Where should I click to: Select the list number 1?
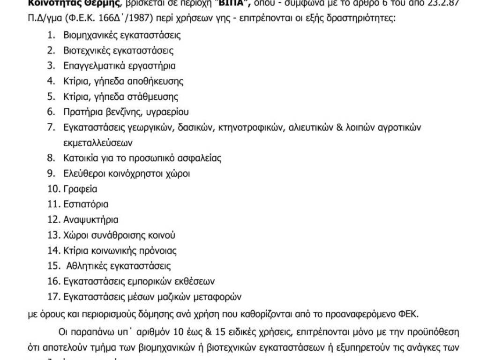51,35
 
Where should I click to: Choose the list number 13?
53,235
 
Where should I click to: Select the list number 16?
53,281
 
